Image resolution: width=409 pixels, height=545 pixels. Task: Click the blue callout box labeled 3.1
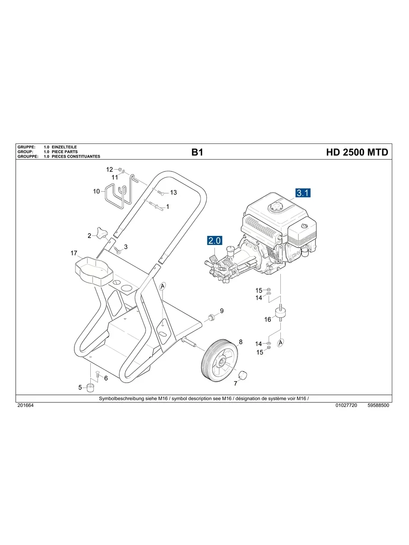(x=303, y=193)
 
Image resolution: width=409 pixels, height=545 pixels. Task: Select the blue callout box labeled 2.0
(x=214, y=241)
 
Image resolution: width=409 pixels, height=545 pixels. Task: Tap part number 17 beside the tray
(x=74, y=254)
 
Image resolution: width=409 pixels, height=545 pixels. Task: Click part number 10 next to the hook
(x=96, y=191)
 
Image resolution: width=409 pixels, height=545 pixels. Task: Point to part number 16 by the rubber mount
(x=268, y=319)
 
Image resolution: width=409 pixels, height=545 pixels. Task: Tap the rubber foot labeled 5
(x=91, y=388)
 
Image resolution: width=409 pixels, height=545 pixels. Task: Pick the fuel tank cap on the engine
(x=275, y=208)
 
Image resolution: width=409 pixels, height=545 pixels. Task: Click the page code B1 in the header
(x=197, y=152)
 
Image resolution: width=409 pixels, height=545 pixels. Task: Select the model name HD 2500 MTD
(x=357, y=152)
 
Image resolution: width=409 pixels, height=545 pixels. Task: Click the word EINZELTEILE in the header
(x=65, y=148)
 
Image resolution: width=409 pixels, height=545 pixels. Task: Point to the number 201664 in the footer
(x=25, y=406)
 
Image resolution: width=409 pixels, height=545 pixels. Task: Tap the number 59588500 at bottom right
(x=378, y=406)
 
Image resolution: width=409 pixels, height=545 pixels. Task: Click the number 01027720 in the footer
(x=346, y=406)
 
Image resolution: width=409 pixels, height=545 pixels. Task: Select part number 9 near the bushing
(x=222, y=311)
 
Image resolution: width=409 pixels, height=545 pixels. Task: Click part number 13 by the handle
(x=173, y=193)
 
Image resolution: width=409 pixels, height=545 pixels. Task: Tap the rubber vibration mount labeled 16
(x=283, y=314)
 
